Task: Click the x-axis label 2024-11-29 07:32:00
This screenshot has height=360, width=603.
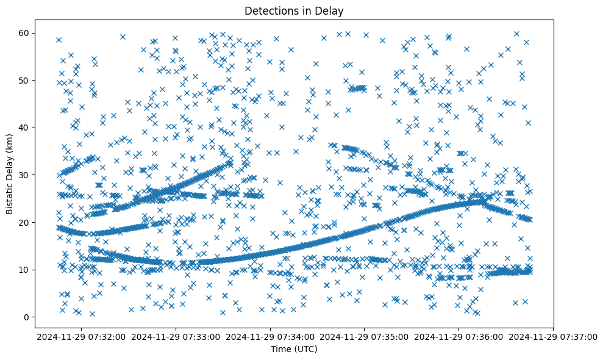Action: [x=82, y=336]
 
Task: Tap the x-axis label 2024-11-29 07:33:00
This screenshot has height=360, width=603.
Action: [x=176, y=336]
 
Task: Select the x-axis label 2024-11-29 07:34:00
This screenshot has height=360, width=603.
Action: [x=271, y=336]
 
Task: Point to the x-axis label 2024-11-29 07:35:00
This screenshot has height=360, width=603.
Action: [x=365, y=336]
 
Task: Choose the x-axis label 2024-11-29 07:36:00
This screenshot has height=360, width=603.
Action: [x=459, y=336]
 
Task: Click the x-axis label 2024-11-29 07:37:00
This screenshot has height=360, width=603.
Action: [x=554, y=336]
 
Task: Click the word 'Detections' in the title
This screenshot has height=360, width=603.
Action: [x=269, y=10]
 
